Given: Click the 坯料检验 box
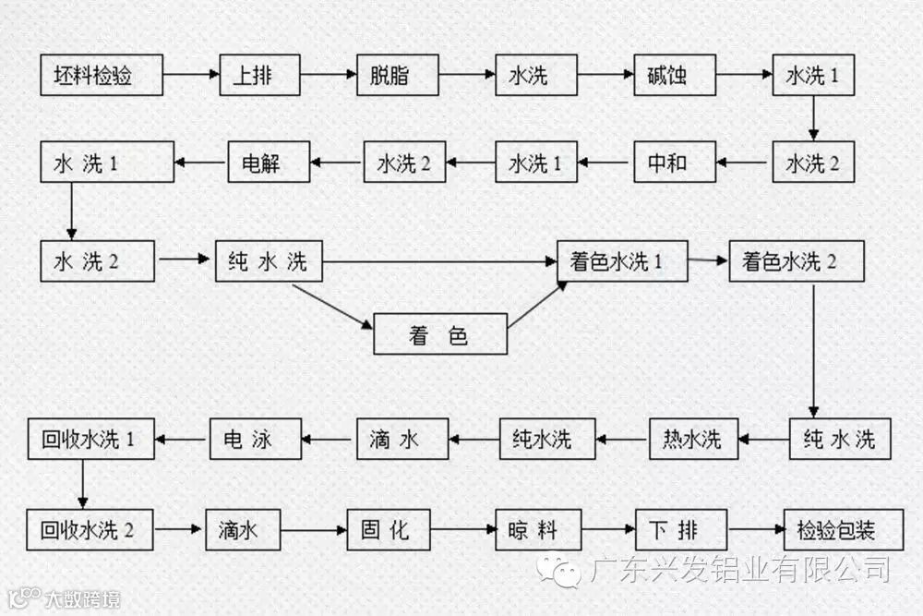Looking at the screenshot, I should (102, 75).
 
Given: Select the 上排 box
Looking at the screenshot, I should (260, 75).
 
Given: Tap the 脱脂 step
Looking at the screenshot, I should (396, 75).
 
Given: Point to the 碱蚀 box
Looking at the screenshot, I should (675, 75).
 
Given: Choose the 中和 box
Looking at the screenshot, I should (674, 163).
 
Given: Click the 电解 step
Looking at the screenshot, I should (268, 163).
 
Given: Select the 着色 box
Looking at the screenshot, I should (440, 334).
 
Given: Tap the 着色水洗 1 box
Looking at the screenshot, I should (622, 262).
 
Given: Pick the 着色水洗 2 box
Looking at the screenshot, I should (796, 262).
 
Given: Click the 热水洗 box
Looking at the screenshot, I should (693, 439).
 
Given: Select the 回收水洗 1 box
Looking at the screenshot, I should (89, 439).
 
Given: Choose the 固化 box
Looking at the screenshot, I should (389, 530).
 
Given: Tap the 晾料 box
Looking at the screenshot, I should (538, 530).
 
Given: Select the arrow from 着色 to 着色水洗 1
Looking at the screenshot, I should (536, 306).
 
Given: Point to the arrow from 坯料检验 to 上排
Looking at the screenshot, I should (191, 75).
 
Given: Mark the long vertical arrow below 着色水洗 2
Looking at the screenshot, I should (813, 351).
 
